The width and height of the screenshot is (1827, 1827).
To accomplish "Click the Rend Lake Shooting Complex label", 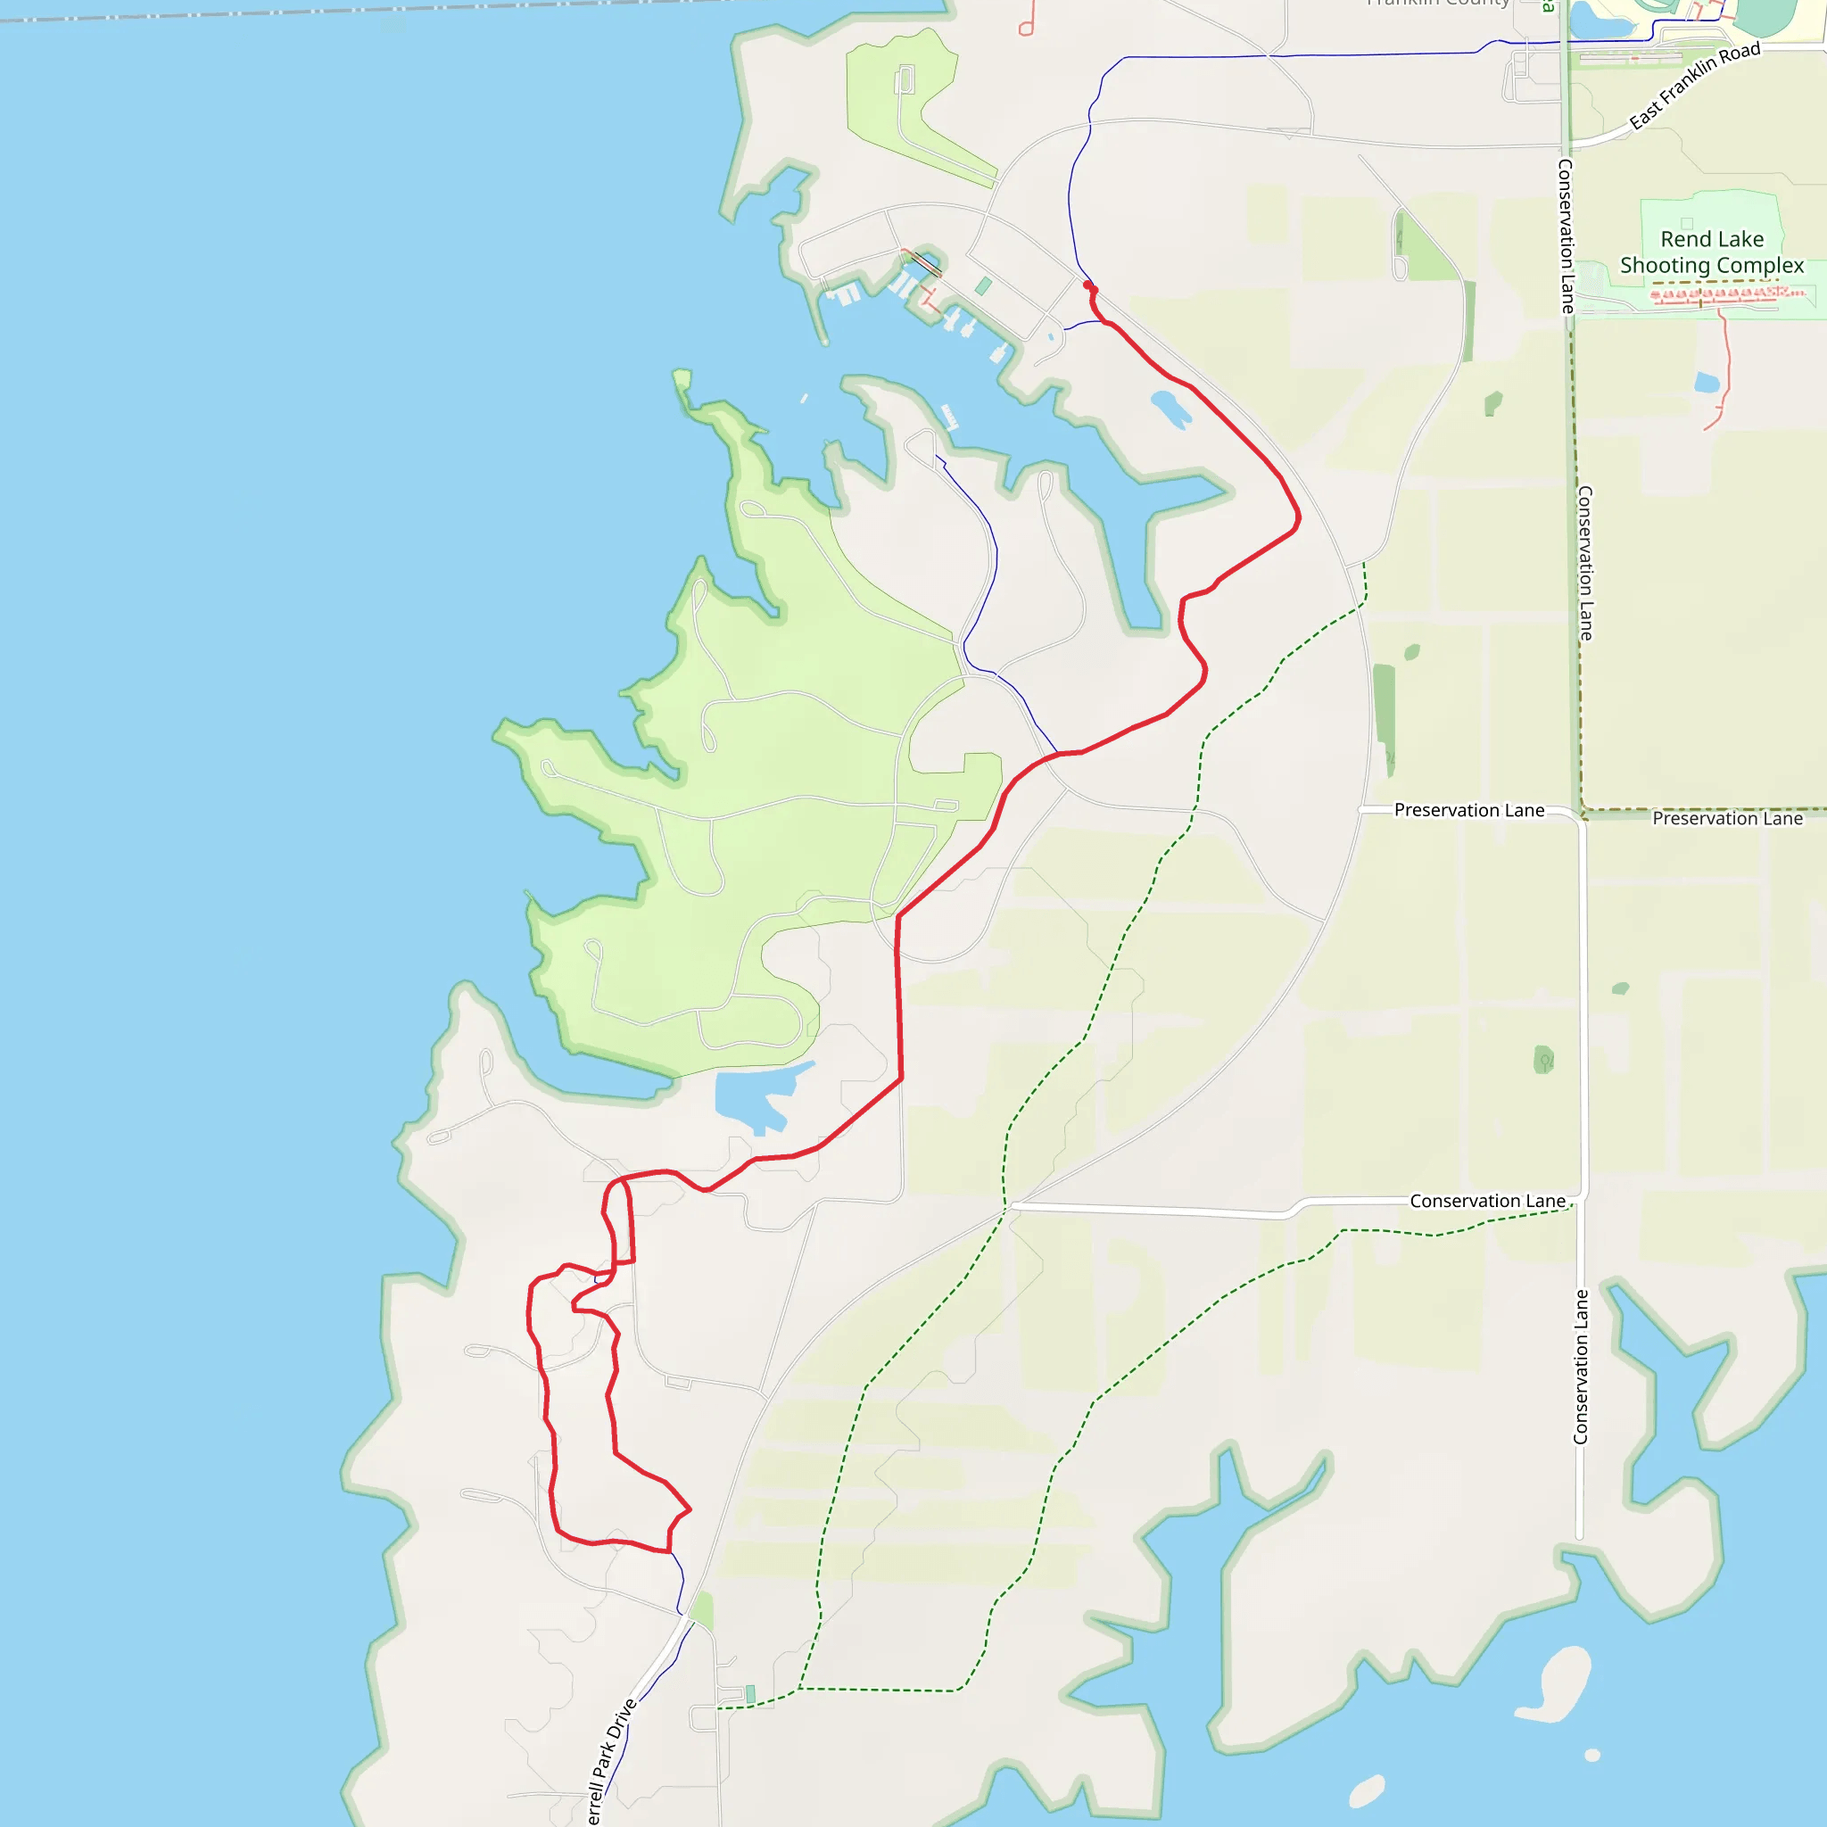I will tap(1712, 252).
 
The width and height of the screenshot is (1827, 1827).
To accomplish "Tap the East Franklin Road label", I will tap(1695, 85).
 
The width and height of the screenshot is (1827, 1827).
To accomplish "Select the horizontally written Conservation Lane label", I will tap(1487, 1201).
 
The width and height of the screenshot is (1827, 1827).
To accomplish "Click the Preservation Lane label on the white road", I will tap(1468, 810).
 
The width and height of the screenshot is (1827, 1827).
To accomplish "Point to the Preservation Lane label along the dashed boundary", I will tap(1727, 819).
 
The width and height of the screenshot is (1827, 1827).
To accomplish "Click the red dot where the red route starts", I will tap(1088, 285).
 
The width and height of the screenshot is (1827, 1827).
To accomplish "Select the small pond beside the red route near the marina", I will tap(1170, 409).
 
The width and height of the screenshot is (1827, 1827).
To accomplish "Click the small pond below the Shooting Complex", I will tap(1707, 383).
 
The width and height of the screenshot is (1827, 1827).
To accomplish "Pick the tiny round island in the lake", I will tap(1592, 1755).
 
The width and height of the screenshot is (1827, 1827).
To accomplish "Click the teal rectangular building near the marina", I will tap(983, 285).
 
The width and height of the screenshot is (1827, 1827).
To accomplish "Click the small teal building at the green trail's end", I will tap(750, 1694).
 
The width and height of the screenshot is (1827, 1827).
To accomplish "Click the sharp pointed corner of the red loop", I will tap(690, 1509).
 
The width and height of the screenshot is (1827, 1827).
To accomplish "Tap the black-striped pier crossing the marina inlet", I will tap(924, 265).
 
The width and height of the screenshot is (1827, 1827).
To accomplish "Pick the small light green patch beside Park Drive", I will tap(703, 1610).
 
